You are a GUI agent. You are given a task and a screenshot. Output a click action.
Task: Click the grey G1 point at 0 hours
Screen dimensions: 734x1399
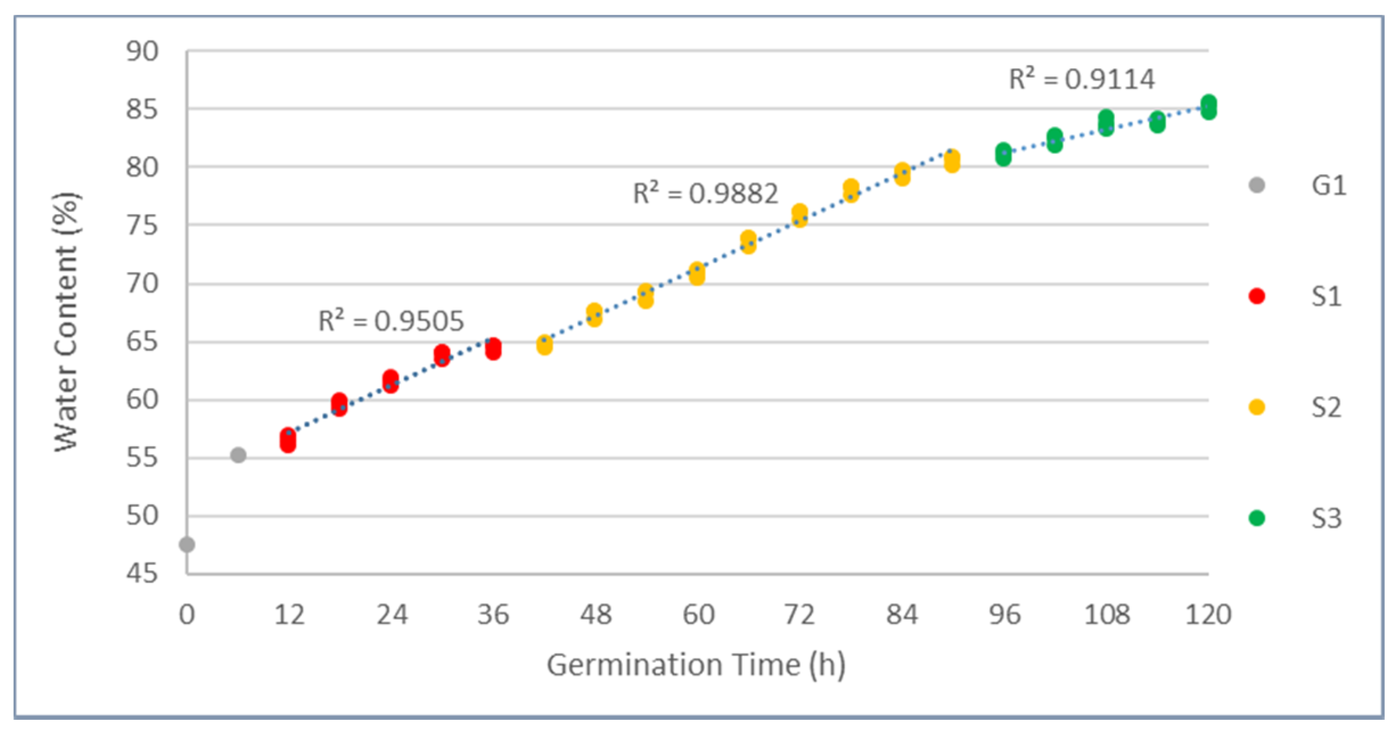[187, 545]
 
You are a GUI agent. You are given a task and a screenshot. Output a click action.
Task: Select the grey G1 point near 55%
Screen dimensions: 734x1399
[238, 455]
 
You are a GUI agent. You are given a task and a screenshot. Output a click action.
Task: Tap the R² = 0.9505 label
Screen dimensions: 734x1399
[391, 321]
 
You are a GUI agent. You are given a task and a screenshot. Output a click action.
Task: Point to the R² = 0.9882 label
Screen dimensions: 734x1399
[705, 193]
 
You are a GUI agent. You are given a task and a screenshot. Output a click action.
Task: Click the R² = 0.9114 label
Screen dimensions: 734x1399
[1082, 79]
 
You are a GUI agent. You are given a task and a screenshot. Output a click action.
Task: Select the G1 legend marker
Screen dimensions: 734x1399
[1257, 185]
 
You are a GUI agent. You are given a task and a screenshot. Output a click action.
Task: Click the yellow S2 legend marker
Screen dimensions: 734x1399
[1257, 407]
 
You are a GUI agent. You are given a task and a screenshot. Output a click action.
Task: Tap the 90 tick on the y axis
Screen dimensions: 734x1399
[142, 52]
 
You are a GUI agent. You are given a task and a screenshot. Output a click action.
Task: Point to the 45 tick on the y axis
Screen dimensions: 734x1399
[142, 573]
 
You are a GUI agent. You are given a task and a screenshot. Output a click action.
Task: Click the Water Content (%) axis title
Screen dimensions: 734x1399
[66, 322]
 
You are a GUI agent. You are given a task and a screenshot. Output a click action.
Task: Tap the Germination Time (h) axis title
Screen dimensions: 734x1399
[696, 665]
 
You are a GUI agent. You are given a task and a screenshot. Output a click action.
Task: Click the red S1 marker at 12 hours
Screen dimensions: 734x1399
[288, 440]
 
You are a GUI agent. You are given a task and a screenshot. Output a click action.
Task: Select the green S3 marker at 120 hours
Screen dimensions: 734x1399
[1208, 107]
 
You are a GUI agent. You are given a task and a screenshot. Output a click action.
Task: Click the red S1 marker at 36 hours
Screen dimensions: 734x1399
[493, 349]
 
